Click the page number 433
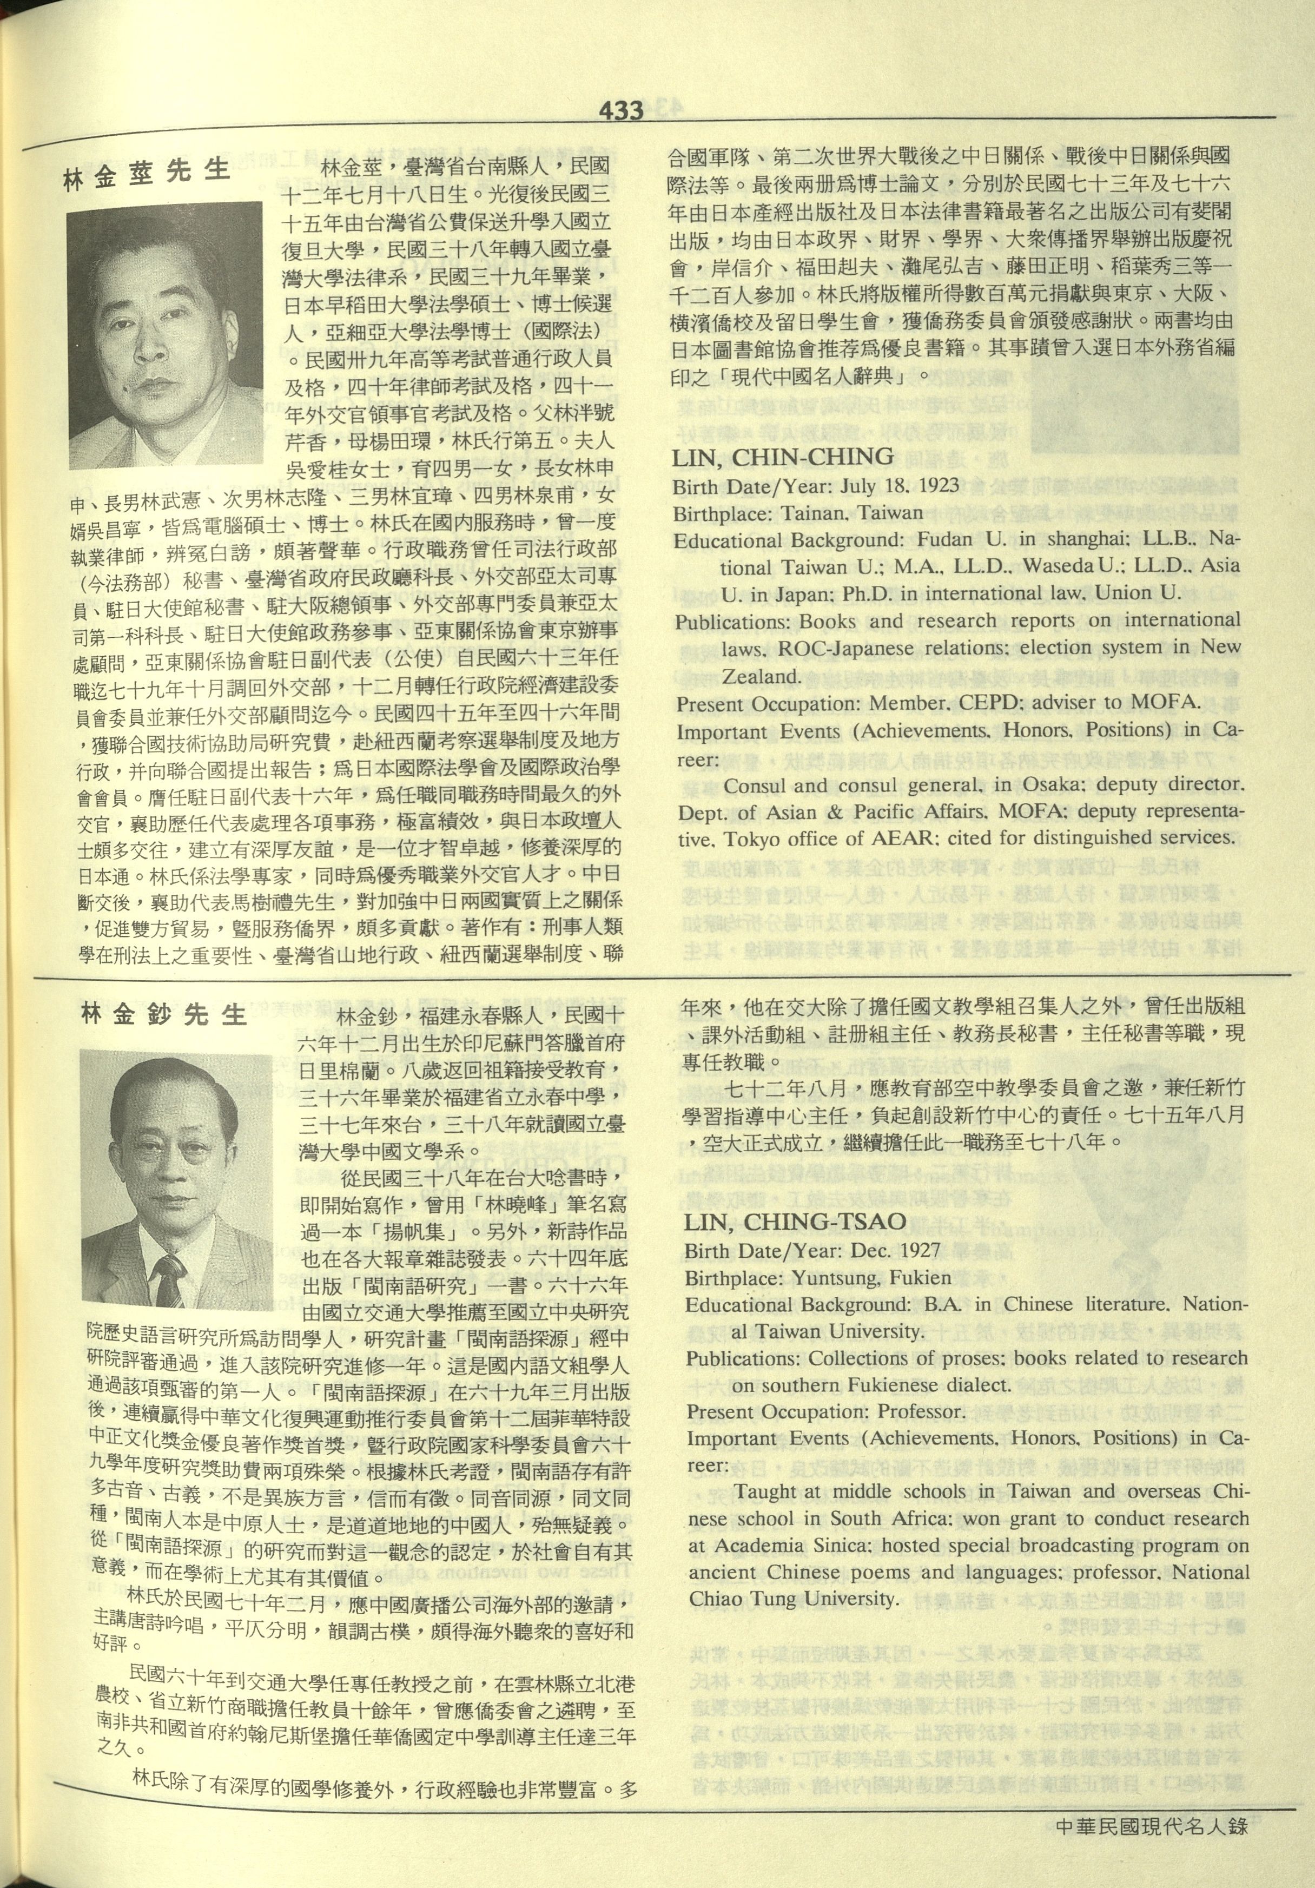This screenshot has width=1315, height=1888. (621, 109)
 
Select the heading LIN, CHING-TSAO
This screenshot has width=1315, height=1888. (795, 1222)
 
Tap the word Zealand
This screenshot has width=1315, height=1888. (761, 677)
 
